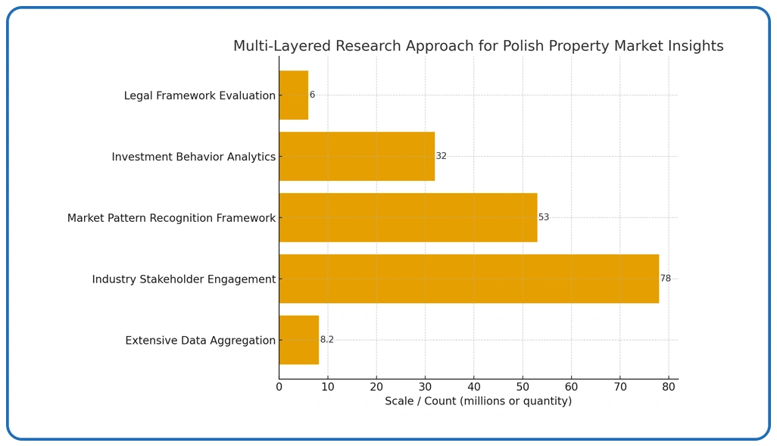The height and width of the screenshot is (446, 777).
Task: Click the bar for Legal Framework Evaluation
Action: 293,95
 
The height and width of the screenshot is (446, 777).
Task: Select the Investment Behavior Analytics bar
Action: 357,157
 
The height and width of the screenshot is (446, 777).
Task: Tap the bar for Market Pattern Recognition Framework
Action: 407,217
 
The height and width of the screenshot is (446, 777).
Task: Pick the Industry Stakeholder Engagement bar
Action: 468,279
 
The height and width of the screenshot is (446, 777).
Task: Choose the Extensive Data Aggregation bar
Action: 298,340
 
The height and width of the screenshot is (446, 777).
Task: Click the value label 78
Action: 665,279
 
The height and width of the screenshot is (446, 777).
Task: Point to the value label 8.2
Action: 326,340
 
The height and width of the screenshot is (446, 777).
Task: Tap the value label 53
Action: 544,217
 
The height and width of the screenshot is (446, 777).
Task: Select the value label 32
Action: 441,157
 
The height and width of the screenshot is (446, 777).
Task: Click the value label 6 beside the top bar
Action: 312,95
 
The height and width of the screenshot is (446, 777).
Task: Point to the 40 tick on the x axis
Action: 474,387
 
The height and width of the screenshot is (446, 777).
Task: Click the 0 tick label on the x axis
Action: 279,387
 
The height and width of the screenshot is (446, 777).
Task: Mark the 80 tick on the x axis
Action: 669,387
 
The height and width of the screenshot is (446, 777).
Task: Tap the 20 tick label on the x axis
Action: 376,387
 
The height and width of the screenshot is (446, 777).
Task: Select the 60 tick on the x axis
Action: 571,387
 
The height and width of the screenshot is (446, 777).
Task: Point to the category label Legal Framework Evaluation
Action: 199,96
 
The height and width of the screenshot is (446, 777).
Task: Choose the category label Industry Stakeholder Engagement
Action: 183,279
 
